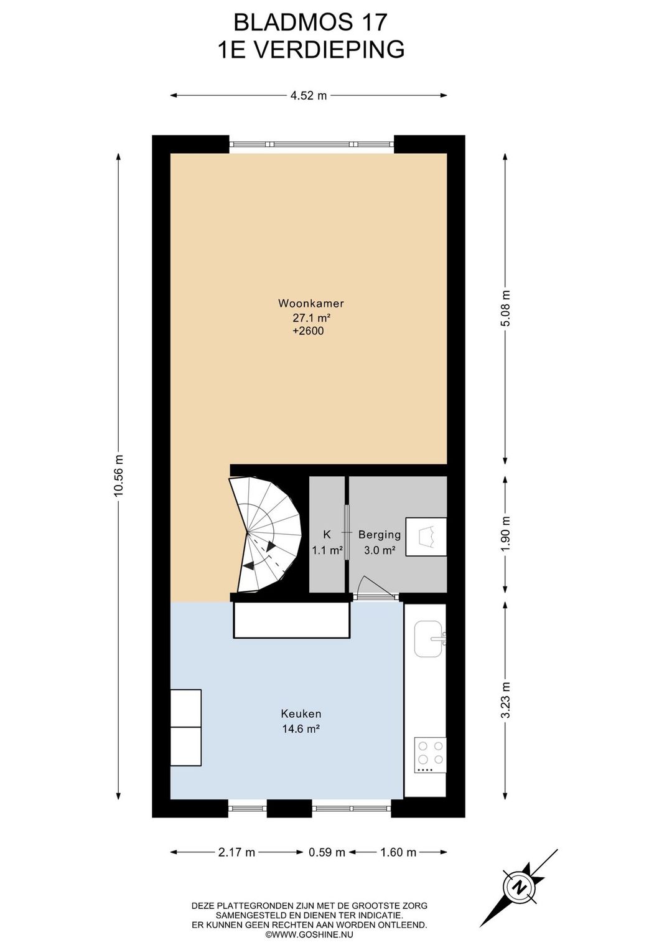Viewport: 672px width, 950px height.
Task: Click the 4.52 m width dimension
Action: [308, 95]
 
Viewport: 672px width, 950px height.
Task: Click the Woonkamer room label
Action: [310, 303]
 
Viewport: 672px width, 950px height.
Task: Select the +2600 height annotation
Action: [308, 331]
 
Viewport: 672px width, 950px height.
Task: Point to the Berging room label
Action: [380, 535]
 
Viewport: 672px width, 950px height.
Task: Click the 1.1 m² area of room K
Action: [327, 550]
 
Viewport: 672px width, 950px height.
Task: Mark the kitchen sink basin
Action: [429, 639]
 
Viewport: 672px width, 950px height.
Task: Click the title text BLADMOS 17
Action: [310, 22]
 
